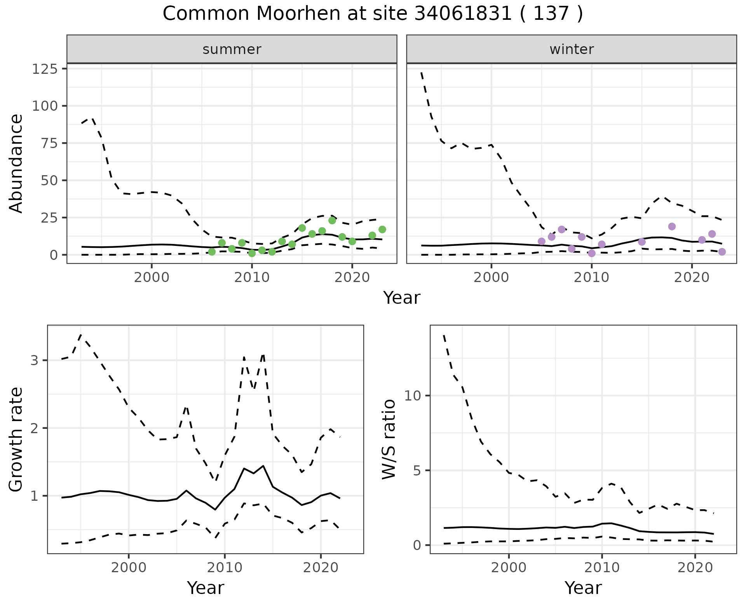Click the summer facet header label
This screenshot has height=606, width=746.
coord(232,49)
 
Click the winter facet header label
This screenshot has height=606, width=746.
coord(572,49)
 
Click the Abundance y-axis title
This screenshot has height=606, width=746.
coord(16,163)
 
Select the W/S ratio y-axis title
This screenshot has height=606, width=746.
coord(389,439)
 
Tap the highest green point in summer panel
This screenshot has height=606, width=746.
coord(332,221)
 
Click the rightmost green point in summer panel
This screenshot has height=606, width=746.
coord(382,230)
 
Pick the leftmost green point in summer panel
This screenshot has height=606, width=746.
coord(212,252)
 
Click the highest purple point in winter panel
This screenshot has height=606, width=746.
coord(672,226)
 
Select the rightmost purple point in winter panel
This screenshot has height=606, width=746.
coord(722,252)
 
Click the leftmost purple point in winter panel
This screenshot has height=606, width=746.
coord(542,241)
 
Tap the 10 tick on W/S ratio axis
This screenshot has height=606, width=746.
coord(413,396)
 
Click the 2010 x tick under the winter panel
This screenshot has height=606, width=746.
coord(591,278)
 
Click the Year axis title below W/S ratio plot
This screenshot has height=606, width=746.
coord(583,588)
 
